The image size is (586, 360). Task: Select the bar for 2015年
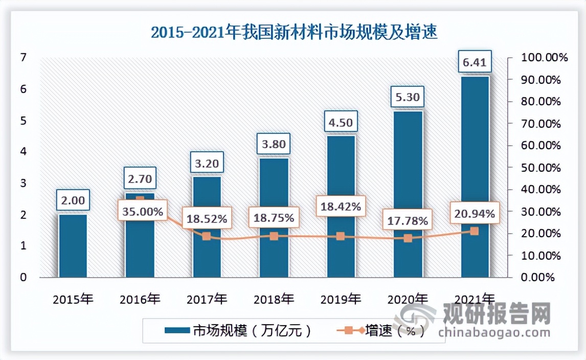point(73,245)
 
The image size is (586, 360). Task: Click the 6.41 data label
point(475,63)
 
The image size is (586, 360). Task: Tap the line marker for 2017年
point(207,236)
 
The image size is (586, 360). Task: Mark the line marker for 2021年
point(475,231)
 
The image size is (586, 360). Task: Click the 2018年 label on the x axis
point(274,299)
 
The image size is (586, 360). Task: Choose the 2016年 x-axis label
point(140,299)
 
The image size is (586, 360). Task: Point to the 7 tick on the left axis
point(23,58)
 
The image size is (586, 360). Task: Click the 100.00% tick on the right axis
point(544,58)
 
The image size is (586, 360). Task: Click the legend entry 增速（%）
point(380,331)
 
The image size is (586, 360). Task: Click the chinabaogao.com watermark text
point(494,333)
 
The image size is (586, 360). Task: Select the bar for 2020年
point(408,194)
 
